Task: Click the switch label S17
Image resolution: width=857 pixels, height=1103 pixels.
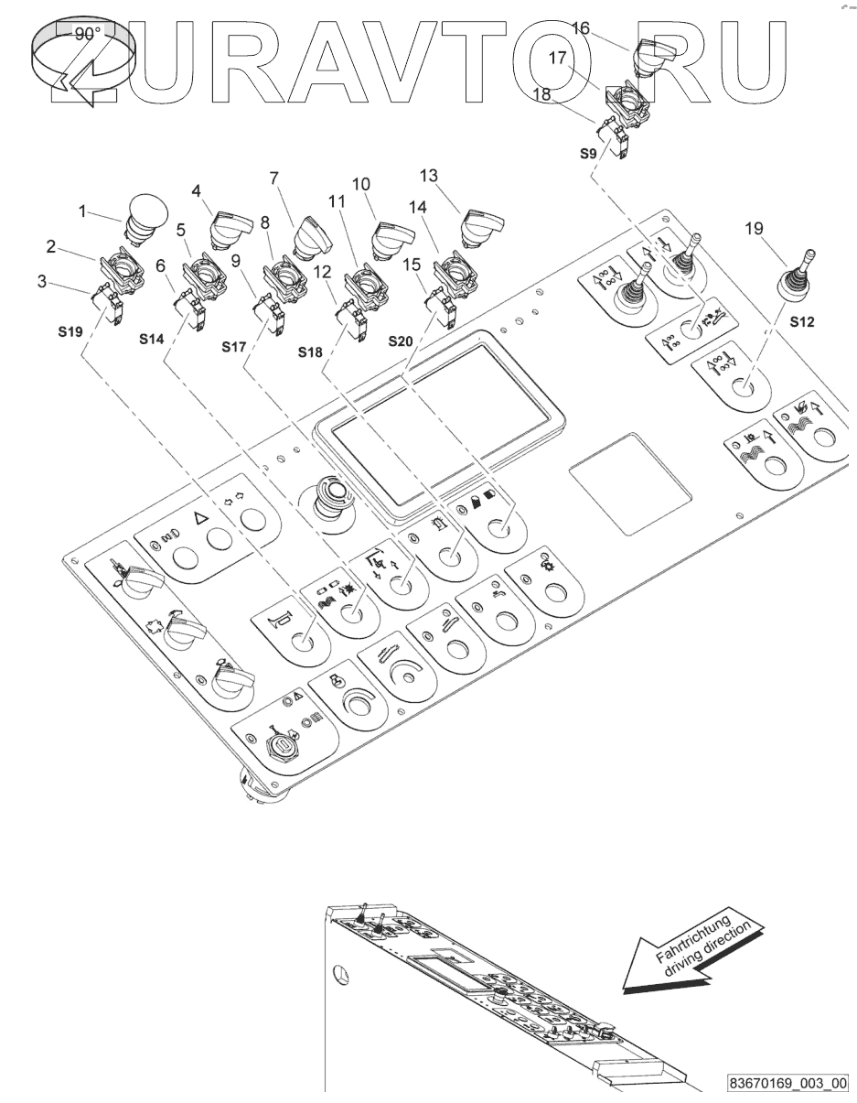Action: [235, 347]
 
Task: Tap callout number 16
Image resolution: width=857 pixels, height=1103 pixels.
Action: [581, 28]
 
